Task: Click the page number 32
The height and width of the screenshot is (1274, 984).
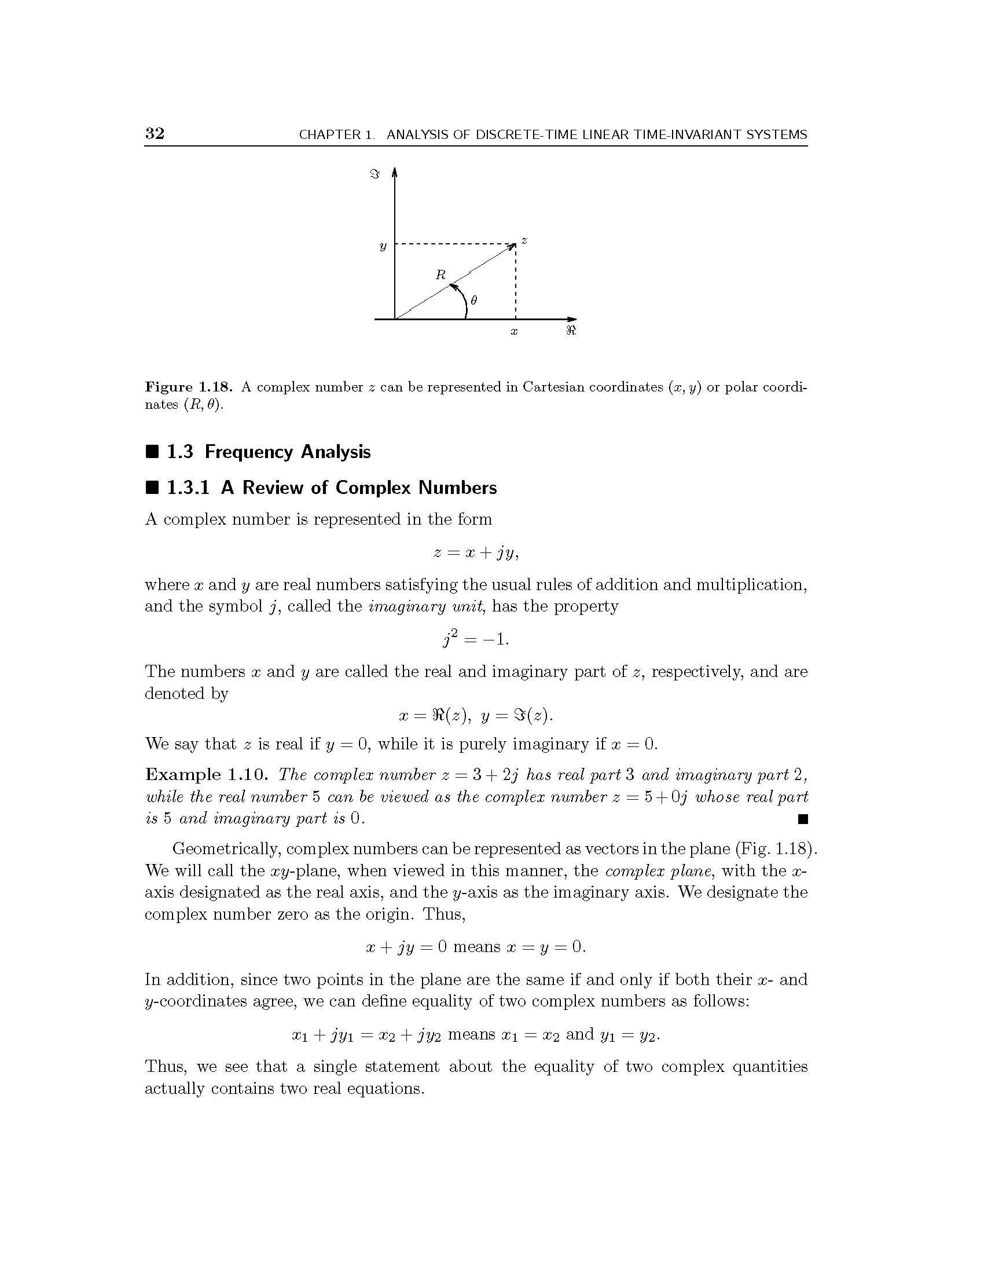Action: [155, 134]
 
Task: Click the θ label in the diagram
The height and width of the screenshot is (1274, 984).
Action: [474, 301]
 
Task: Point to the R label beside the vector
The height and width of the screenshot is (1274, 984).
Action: [440, 274]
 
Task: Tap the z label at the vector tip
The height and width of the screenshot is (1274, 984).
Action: [524, 240]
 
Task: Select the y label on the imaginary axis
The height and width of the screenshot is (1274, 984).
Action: [383, 246]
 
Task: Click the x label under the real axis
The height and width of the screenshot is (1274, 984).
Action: [514, 331]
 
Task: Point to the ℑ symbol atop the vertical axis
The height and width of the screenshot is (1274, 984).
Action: [376, 174]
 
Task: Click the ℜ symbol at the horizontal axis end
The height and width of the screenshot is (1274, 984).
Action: [571, 331]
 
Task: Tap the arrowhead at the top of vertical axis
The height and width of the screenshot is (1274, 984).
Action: [395, 171]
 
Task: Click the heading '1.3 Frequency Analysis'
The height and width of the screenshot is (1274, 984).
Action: [268, 452]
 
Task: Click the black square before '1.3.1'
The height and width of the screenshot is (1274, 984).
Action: [152, 487]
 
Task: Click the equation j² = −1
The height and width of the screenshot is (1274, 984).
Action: [476, 639]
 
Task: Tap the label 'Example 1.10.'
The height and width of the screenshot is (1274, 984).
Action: [207, 775]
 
